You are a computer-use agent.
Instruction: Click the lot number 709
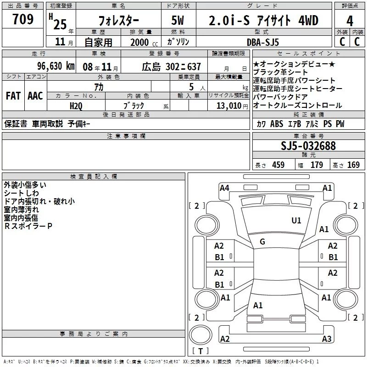(x=23, y=20)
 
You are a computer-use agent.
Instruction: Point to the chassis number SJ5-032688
(x=308, y=146)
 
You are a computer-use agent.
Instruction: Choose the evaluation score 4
(x=350, y=21)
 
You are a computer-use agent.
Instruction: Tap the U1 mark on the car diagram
(x=296, y=221)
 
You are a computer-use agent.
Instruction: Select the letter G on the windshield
(x=262, y=241)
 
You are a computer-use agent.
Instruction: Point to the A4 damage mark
(x=224, y=188)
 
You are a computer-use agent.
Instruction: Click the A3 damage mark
(x=327, y=339)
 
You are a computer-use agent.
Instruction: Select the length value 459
(x=278, y=165)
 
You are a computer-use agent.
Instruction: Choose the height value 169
(x=353, y=165)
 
